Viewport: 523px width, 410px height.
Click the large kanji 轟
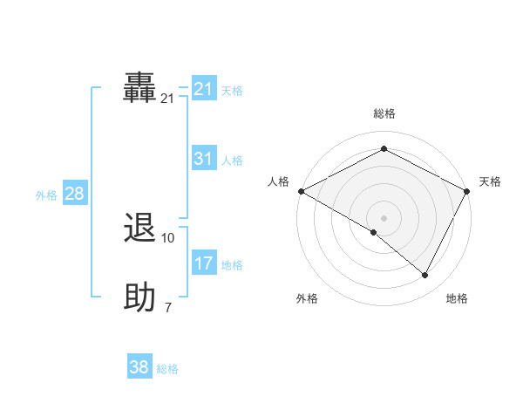[x=139, y=88]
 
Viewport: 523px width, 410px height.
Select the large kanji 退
[x=139, y=229]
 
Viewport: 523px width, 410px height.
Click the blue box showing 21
[x=204, y=89]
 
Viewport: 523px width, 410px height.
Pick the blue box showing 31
[x=204, y=159]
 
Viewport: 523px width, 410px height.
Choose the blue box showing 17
[x=204, y=263]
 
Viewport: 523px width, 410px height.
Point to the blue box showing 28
[x=74, y=194]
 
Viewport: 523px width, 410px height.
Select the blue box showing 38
[x=139, y=367]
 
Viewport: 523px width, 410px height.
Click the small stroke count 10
[x=168, y=238]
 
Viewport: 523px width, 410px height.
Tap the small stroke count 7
[x=168, y=308]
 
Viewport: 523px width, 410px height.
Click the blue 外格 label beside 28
[x=46, y=195]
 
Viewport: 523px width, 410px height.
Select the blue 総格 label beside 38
[x=167, y=369]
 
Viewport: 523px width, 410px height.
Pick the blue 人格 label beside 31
[x=232, y=161]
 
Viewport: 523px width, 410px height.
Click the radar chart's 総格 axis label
[x=384, y=113]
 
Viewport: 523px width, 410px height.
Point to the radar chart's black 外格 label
[x=307, y=299]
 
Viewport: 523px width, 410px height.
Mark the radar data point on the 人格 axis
[x=301, y=191]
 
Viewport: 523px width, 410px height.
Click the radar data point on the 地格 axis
[x=425, y=276]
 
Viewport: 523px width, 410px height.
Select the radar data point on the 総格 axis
[x=384, y=149]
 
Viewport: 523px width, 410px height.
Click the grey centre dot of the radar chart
[x=384, y=217]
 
